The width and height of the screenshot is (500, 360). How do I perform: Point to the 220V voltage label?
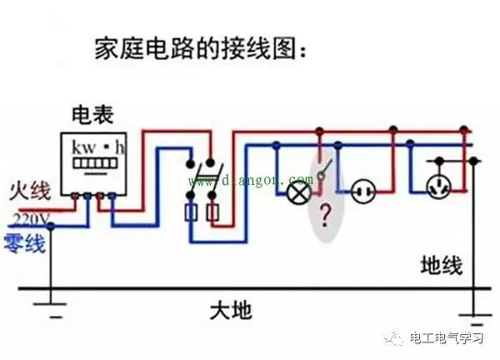click(31, 219)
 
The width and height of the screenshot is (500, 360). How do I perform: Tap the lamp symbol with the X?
click(296, 192)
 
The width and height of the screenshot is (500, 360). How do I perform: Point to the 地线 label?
click(441, 267)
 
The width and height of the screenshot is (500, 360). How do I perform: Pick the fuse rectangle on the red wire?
click(212, 214)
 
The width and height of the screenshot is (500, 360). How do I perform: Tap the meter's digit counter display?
click(97, 164)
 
